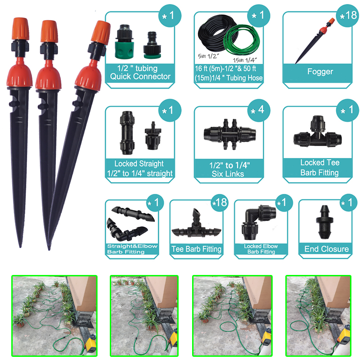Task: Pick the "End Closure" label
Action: point(326,249)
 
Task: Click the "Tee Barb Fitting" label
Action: point(197,249)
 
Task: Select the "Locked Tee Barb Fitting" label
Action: point(320,167)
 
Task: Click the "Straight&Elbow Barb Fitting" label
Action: point(132,249)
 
